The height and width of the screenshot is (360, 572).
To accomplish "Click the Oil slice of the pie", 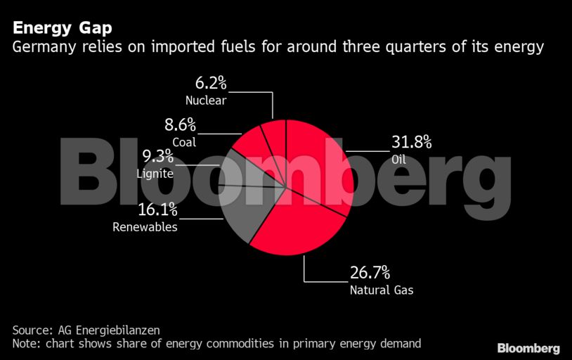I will (x=320, y=162).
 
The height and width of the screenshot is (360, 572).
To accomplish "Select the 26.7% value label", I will (x=370, y=273).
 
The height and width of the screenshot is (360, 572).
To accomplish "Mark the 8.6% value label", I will (x=180, y=126).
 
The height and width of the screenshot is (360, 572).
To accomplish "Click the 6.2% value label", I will (x=210, y=84).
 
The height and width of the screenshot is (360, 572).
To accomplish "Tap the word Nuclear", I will (x=206, y=101).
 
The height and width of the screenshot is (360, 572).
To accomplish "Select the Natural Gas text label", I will (x=382, y=289).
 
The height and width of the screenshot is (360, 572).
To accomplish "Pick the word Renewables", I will (x=145, y=226).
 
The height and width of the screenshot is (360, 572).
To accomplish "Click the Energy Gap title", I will (x=63, y=29).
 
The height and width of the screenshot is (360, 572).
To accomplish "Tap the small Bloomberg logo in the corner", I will (x=528, y=348).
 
